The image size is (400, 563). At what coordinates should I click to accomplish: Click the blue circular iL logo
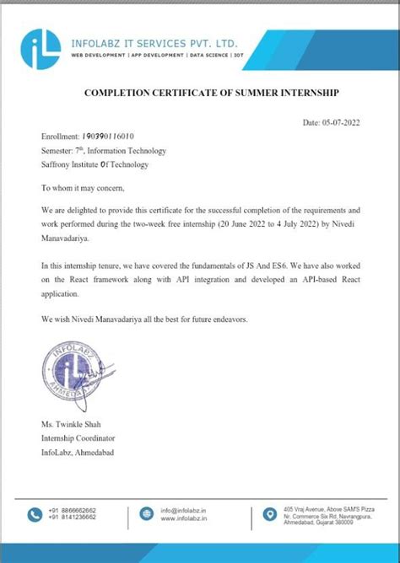point(43,47)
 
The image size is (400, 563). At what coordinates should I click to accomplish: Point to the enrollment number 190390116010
point(107,136)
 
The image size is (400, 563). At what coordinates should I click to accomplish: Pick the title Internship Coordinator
point(78,438)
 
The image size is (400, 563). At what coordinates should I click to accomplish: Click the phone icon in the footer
point(35,513)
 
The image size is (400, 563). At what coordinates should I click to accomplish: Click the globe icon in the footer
point(145,513)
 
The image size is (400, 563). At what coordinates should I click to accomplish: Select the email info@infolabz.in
point(185,510)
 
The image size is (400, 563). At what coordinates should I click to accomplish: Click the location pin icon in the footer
point(269,513)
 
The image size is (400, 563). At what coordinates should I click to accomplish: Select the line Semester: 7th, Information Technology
point(104,150)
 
